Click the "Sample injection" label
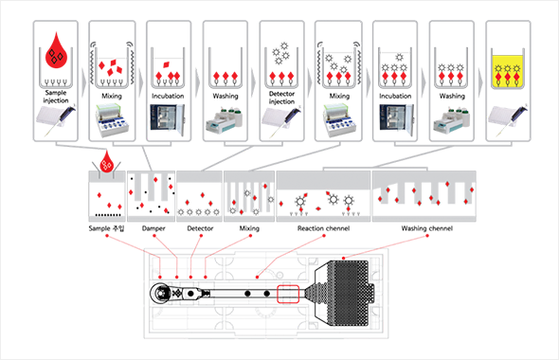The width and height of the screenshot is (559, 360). click(56, 97)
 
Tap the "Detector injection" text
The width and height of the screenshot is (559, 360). click(281, 98)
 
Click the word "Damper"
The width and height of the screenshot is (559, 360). click(153, 228)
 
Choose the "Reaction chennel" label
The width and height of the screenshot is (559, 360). click(323, 228)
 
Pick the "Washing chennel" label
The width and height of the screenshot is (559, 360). click(426, 228)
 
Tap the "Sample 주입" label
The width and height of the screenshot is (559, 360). click(107, 228)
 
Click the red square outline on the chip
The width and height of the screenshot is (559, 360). click(288, 294)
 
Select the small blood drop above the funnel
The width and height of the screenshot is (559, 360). click(106, 162)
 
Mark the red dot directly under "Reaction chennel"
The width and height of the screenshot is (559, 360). click(324, 236)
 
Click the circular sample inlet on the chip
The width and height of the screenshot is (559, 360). click(161, 294)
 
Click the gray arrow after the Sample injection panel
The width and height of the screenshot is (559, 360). click(83, 82)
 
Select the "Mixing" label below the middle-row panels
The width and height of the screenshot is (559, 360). click(249, 228)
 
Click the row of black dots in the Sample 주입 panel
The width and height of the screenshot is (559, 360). click(108, 215)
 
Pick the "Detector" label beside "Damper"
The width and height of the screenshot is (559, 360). click(200, 228)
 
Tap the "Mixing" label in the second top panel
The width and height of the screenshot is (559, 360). click(112, 96)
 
